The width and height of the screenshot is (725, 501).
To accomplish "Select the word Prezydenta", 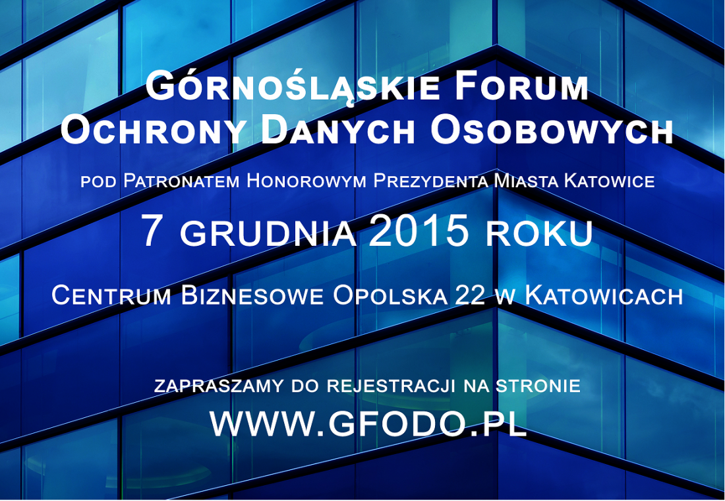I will coord(432,181).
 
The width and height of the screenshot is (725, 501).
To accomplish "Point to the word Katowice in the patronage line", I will coord(610,181).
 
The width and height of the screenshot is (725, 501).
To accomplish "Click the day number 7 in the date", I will coord(152,232).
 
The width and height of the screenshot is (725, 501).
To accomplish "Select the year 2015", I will coord(419,232).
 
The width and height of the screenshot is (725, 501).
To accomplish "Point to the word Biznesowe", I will coord(252,295).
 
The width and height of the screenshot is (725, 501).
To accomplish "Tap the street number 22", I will coord(469,295).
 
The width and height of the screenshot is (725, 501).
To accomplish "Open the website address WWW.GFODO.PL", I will coord(368,425).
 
